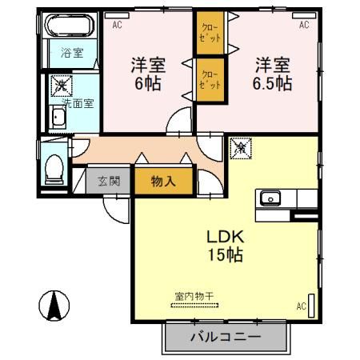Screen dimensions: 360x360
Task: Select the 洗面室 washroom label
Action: coord(72,102)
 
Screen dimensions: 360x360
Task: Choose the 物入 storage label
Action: coord(163,182)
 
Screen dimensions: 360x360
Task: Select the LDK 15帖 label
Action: coord(226,246)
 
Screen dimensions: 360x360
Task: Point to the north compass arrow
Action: coord(54,305)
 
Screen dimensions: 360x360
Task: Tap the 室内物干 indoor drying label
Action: coord(194,297)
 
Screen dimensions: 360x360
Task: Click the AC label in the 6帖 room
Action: coord(118,25)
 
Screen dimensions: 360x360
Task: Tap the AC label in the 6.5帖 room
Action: coord(304,25)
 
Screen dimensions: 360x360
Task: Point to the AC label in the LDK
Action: coord(301,306)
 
